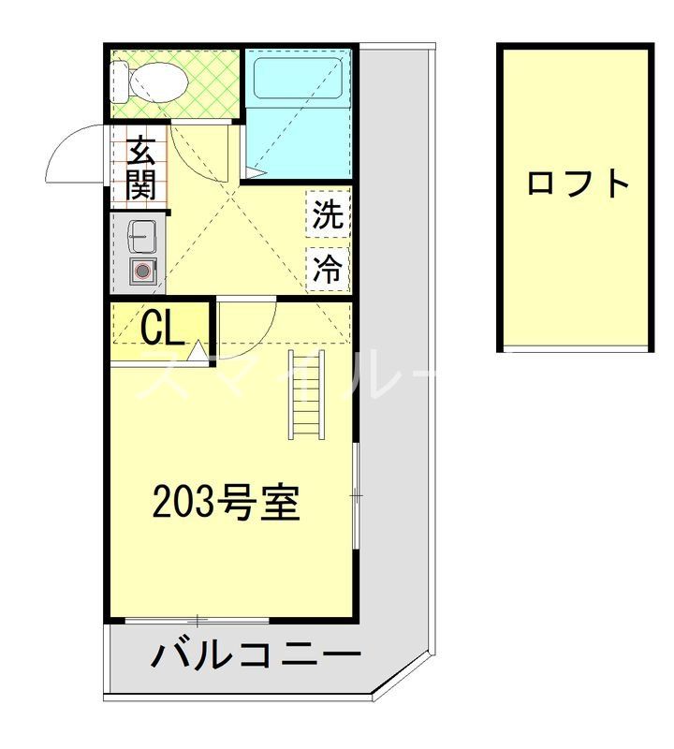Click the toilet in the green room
click(154, 82)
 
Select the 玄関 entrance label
click(141, 168)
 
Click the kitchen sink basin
click(141, 235)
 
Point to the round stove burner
click(141, 272)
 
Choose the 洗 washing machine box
click(328, 216)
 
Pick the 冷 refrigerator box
click(328, 270)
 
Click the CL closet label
click(162, 328)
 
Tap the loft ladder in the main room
click(306, 393)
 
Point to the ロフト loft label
click(578, 183)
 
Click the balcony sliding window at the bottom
click(198, 620)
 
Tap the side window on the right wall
click(356, 492)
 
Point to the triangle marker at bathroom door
click(255, 170)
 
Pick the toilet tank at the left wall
click(119, 82)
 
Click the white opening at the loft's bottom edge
click(574, 349)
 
